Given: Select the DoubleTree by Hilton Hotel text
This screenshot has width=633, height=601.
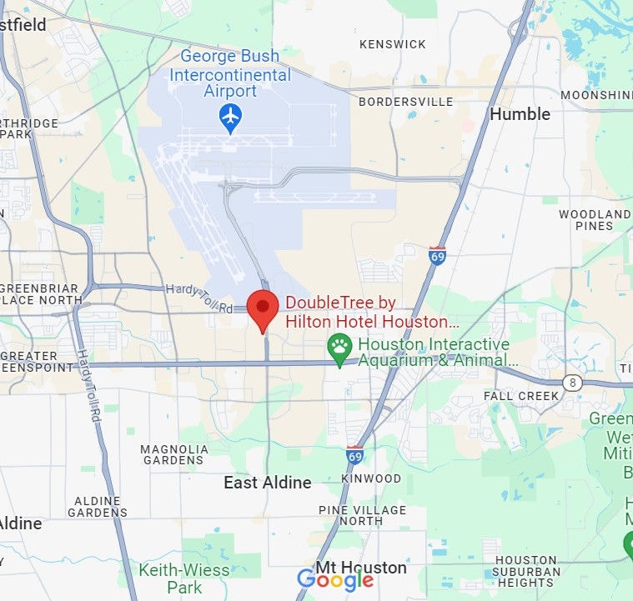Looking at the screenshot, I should point(371,313).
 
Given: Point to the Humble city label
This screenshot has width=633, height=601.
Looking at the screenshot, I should point(520,114).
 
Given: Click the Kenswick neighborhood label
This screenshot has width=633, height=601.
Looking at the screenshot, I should point(392,44).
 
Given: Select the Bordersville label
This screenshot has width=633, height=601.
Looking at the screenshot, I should point(405,102).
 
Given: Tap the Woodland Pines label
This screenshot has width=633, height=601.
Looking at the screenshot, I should point(595,220).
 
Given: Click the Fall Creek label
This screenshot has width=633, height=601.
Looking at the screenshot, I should point(521,396).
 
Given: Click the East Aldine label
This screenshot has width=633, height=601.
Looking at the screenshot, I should point(267,483).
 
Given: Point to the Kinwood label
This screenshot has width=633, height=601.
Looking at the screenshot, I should point(371,479).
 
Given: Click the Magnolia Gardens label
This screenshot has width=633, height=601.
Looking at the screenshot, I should point(174,454).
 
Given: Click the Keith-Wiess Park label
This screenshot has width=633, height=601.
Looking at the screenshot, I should point(172,578).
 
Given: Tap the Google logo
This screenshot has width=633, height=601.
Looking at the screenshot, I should point(335,580).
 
